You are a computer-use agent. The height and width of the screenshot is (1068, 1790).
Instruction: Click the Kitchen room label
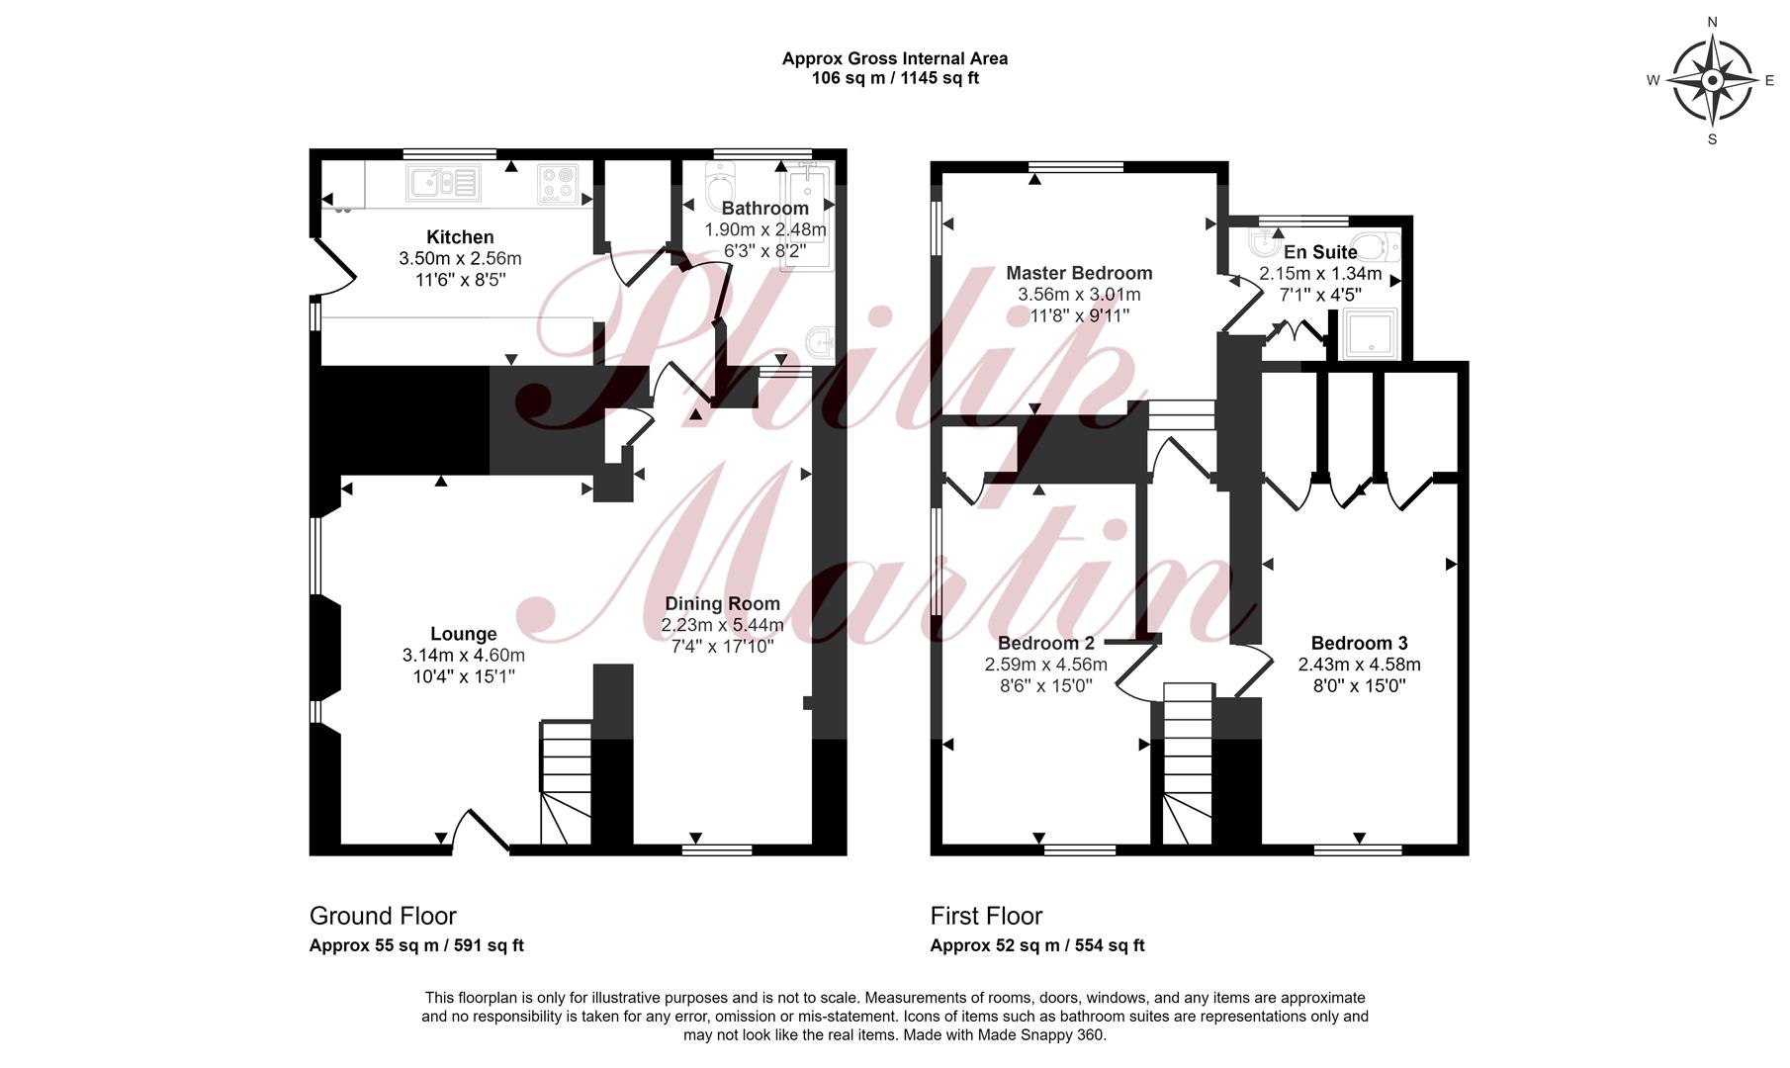[x=460, y=237]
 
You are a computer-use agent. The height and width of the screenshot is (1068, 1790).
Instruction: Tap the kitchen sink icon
[x=443, y=183]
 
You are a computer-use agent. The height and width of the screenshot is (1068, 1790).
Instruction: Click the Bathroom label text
[x=764, y=209]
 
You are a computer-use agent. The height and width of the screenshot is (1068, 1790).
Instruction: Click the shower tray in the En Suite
[x=1370, y=333]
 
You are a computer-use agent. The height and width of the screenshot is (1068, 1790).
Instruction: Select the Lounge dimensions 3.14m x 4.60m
[x=464, y=656]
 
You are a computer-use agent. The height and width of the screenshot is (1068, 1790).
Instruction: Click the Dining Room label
[x=722, y=603]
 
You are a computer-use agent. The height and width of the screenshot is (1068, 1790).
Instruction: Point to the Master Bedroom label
[x=1079, y=273]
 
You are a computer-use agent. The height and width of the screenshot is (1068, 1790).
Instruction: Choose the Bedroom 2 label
[x=1046, y=644]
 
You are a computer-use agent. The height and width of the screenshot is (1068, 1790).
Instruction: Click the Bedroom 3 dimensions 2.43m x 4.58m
[x=1359, y=665]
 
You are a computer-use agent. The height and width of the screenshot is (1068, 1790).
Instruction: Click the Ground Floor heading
[x=383, y=916]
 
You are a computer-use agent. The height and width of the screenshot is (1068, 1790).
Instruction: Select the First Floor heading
[x=986, y=916]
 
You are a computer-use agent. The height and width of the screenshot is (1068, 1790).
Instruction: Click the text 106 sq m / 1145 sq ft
[x=895, y=78]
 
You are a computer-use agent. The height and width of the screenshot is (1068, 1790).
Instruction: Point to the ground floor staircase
[x=566, y=783]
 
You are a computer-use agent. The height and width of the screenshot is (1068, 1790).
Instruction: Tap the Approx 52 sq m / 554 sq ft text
[x=1037, y=945]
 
